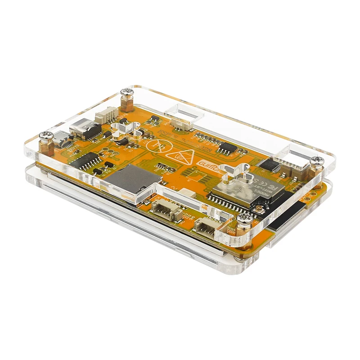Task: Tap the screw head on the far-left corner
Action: (x=45, y=134)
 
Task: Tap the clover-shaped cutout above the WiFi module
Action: (x=235, y=174)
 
